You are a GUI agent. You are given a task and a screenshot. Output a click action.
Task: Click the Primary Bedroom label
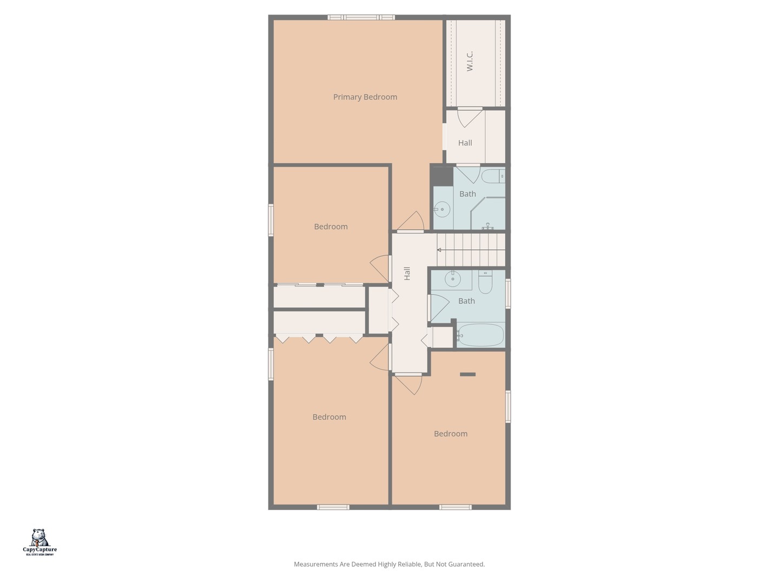point(365,97)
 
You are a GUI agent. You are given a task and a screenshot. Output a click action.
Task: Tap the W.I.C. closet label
point(470,61)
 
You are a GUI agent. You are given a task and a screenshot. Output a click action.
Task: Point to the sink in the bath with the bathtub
point(452,280)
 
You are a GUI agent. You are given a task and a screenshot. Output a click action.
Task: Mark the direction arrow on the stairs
point(439,250)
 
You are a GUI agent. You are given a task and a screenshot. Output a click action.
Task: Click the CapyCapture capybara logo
point(39,538)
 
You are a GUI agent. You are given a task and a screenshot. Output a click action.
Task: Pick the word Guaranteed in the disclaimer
point(467,565)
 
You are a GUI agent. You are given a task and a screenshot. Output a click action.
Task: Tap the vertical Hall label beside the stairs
point(407,273)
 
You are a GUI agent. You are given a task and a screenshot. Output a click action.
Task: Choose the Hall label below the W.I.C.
point(465,143)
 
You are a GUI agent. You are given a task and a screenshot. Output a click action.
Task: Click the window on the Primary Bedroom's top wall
point(361,17)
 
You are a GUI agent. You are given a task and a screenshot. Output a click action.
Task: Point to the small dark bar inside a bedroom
point(467,374)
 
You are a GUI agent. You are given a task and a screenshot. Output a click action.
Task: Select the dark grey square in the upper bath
point(442,176)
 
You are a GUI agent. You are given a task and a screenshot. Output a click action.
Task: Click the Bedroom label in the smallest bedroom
point(331,227)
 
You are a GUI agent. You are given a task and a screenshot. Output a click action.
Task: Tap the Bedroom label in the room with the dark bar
point(451,434)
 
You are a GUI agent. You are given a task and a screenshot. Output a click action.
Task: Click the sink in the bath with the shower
point(443,209)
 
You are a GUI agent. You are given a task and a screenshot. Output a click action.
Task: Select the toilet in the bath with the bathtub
point(485,283)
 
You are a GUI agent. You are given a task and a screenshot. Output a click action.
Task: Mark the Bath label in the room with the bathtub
point(466,301)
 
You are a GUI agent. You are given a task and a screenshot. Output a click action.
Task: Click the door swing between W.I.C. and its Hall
point(468,117)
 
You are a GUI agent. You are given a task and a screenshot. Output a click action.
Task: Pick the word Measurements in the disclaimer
point(316,565)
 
